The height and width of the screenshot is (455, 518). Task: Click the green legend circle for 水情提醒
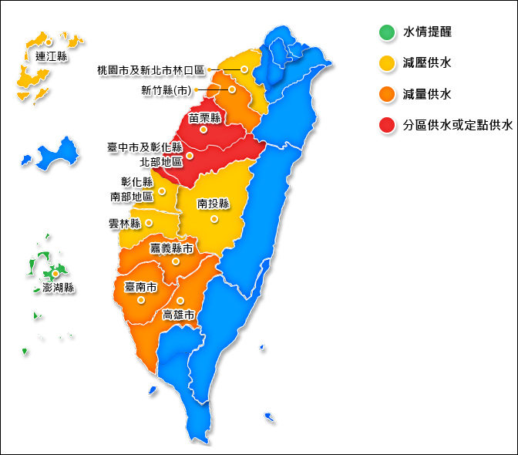click(x=386, y=32)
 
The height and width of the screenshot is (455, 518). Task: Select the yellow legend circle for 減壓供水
click(x=386, y=63)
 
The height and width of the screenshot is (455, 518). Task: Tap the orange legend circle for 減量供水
click(x=386, y=94)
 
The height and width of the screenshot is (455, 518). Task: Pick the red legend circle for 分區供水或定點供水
click(x=386, y=125)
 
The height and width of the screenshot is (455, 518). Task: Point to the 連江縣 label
click(x=52, y=56)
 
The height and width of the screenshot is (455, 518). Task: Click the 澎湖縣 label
click(x=53, y=288)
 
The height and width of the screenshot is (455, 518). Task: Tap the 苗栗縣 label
click(x=205, y=117)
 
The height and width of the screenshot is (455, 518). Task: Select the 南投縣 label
click(x=214, y=204)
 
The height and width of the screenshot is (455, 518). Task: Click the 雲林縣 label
click(x=126, y=224)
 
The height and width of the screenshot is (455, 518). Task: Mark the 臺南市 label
click(x=141, y=287)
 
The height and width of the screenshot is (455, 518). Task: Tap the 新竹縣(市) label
click(x=166, y=90)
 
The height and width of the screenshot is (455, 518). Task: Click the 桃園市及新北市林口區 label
click(x=151, y=70)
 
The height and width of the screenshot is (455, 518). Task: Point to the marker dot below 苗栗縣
click(x=203, y=130)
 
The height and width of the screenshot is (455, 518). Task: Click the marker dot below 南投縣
click(x=215, y=219)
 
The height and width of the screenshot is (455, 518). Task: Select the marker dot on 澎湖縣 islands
click(x=55, y=273)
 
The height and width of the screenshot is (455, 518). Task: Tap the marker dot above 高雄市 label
click(x=180, y=301)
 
